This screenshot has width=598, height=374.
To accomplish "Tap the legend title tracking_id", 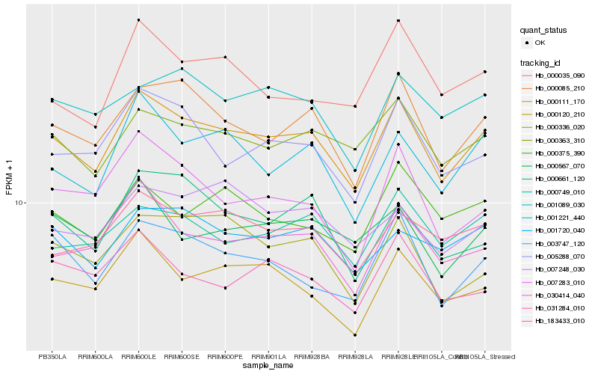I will pos(541,62).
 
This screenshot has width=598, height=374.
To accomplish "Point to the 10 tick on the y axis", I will pos(21,203).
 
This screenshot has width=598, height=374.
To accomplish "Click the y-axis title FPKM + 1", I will pos(9,177).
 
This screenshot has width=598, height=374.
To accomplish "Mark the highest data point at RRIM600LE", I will pos(138,19).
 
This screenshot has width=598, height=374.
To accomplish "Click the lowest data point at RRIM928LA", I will pos(355,335).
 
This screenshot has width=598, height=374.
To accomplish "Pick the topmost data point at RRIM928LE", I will pos(398,20).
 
